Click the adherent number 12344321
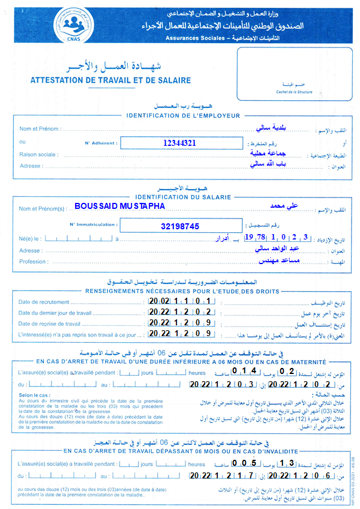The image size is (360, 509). pyautogui.click(x=179, y=143)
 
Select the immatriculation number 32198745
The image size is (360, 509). pyautogui.click(x=179, y=226)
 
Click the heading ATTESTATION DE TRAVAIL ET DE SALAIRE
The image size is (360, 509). pyautogui.click(x=110, y=80)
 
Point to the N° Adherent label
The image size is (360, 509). pyautogui.click(x=102, y=143)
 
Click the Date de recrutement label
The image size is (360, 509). pyautogui.click(x=44, y=302)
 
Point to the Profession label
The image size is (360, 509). pyautogui.click(x=34, y=262)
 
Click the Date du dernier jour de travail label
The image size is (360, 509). pyautogui.click(x=55, y=313)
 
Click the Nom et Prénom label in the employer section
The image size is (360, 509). pyautogui.click(x=40, y=129)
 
